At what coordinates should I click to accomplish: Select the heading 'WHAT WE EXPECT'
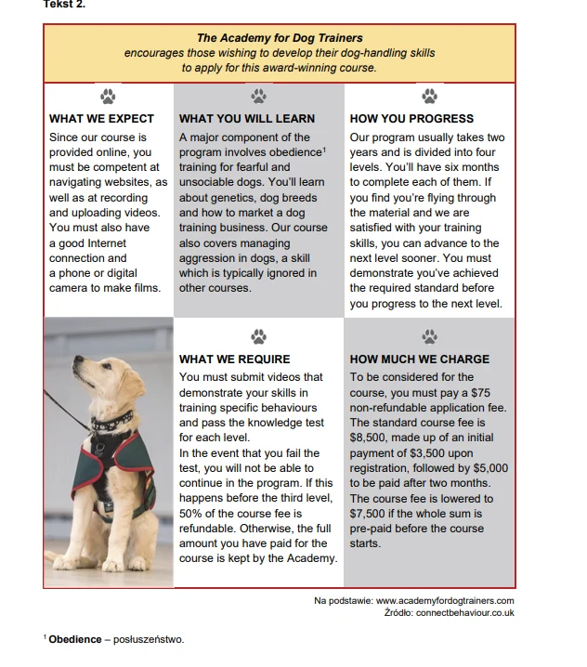[x=101, y=119]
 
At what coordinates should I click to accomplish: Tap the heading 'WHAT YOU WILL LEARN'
[x=246, y=119]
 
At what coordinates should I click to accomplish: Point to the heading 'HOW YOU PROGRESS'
[x=411, y=119]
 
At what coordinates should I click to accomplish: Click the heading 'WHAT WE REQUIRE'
[x=234, y=360]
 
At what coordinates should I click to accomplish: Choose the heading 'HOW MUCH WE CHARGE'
[x=419, y=360]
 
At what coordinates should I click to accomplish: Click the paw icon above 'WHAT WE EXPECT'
[x=109, y=96]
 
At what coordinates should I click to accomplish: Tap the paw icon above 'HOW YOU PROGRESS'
[x=429, y=96]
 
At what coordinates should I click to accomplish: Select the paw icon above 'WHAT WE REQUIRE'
[x=258, y=336]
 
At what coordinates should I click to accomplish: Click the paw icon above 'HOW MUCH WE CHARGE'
[x=429, y=336]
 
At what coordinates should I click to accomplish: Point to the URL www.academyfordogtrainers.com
[x=445, y=601]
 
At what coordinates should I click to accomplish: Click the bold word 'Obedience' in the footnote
[x=74, y=639]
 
